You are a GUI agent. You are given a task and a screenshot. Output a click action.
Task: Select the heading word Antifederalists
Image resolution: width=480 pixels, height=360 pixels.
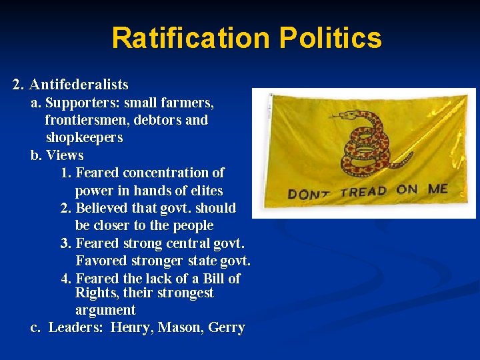(x=79, y=85)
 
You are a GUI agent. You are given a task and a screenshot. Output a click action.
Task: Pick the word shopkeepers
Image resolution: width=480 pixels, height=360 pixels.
(x=84, y=138)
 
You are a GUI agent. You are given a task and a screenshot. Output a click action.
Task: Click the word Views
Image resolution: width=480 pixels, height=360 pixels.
(x=65, y=155)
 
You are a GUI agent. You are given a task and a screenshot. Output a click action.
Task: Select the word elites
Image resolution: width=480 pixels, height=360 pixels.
(x=205, y=190)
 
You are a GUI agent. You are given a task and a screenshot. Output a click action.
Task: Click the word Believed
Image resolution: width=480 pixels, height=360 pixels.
(x=103, y=208)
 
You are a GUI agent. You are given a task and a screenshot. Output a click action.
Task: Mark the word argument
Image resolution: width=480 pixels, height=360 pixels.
(x=105, y=310)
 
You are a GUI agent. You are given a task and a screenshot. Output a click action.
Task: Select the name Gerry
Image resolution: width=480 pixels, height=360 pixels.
(x=227, y=328)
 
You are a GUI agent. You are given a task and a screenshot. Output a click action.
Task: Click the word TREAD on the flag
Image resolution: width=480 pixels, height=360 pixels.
(x=363, y=192)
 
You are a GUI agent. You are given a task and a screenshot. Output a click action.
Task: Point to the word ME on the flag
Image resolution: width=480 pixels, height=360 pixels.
(x=438, y=189)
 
